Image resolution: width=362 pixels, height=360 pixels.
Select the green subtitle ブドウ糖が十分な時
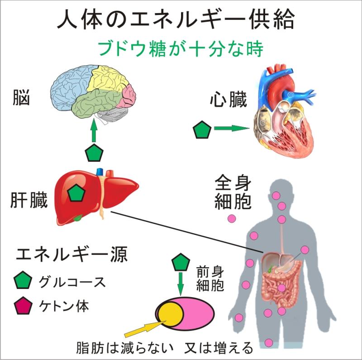[x=180, y=48]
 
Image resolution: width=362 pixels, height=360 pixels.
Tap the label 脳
[x=21, y=98]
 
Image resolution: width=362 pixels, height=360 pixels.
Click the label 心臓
[x=229, y=101]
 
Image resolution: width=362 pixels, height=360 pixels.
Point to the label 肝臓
[x=29, y=201]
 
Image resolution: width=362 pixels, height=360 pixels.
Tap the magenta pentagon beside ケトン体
[x=23, y=306]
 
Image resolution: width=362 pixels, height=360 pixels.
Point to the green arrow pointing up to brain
[x=94, y=131]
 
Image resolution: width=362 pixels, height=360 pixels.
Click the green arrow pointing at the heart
[x=231, y=129]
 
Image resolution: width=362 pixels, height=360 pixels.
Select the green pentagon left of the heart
[x=202, y=130]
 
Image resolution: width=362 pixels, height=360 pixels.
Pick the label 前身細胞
[x=211, y=278]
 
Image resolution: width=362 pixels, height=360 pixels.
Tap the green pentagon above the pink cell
[x=181, y=263]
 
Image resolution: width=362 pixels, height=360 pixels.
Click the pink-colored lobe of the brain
[x=129, y=95]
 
